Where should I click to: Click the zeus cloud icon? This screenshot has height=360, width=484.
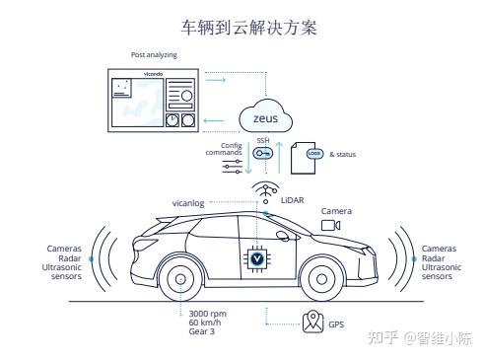click(x=265, y=116)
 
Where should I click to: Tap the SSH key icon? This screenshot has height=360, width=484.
click(x=262, y=153)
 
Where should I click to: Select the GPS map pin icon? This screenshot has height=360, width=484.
click(x=312, y=322)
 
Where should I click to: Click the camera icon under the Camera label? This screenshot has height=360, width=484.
click(x=330, y=225)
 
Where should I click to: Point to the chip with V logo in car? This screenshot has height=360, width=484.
click(x=257, y=258)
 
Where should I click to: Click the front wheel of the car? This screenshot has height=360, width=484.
click(x=321, y=279)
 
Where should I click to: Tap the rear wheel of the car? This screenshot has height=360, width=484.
click(x=180, y=279)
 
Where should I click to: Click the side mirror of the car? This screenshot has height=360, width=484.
click(x=282, y=236)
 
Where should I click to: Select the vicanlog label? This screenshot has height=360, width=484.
click(x=188, y=203)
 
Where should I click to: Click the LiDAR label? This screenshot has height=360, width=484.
click(x=292, y=200)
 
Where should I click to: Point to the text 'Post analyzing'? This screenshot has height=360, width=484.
click(x=154, y=55)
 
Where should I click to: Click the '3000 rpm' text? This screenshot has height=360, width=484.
click(x=207, y=314)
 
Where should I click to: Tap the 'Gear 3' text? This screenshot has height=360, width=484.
click(x=201, y=331)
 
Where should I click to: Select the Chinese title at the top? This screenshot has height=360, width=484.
click(x=249, y=28)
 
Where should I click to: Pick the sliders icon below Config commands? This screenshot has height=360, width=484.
click(x=232, y=167)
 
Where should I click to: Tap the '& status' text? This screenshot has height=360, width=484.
click(x=342, y=154)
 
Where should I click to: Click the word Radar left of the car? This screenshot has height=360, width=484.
click(x=70, y=258)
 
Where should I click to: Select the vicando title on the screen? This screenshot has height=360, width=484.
click(x=153, y=74)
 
